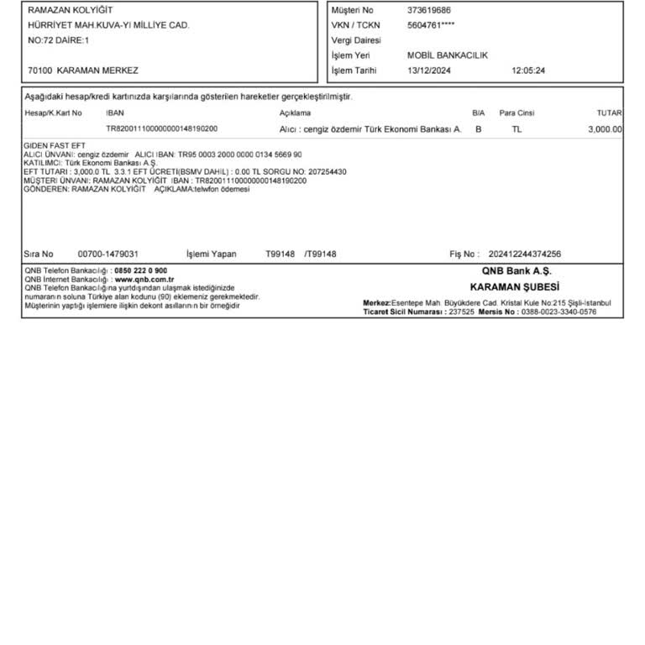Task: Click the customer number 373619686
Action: point(428,10)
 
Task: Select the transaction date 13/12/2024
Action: point(428,71)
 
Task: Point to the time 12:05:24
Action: point(527,71)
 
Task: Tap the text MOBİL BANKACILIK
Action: point(447,55)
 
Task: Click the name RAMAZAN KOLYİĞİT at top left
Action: point(71,10)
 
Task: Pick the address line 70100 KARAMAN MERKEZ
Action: point(83,71)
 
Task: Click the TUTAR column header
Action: point(609,113)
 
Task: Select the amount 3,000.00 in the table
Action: point(605,129)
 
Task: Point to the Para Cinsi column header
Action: point(517,113)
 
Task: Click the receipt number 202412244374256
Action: point(524,254)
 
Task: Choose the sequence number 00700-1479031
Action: point(107,254)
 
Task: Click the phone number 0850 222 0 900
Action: point(141,270)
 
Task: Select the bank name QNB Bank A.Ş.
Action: point(515,271)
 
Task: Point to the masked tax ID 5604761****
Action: point(431,25)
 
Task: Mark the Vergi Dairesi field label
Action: point(356,40)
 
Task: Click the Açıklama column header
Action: point(295,113)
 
